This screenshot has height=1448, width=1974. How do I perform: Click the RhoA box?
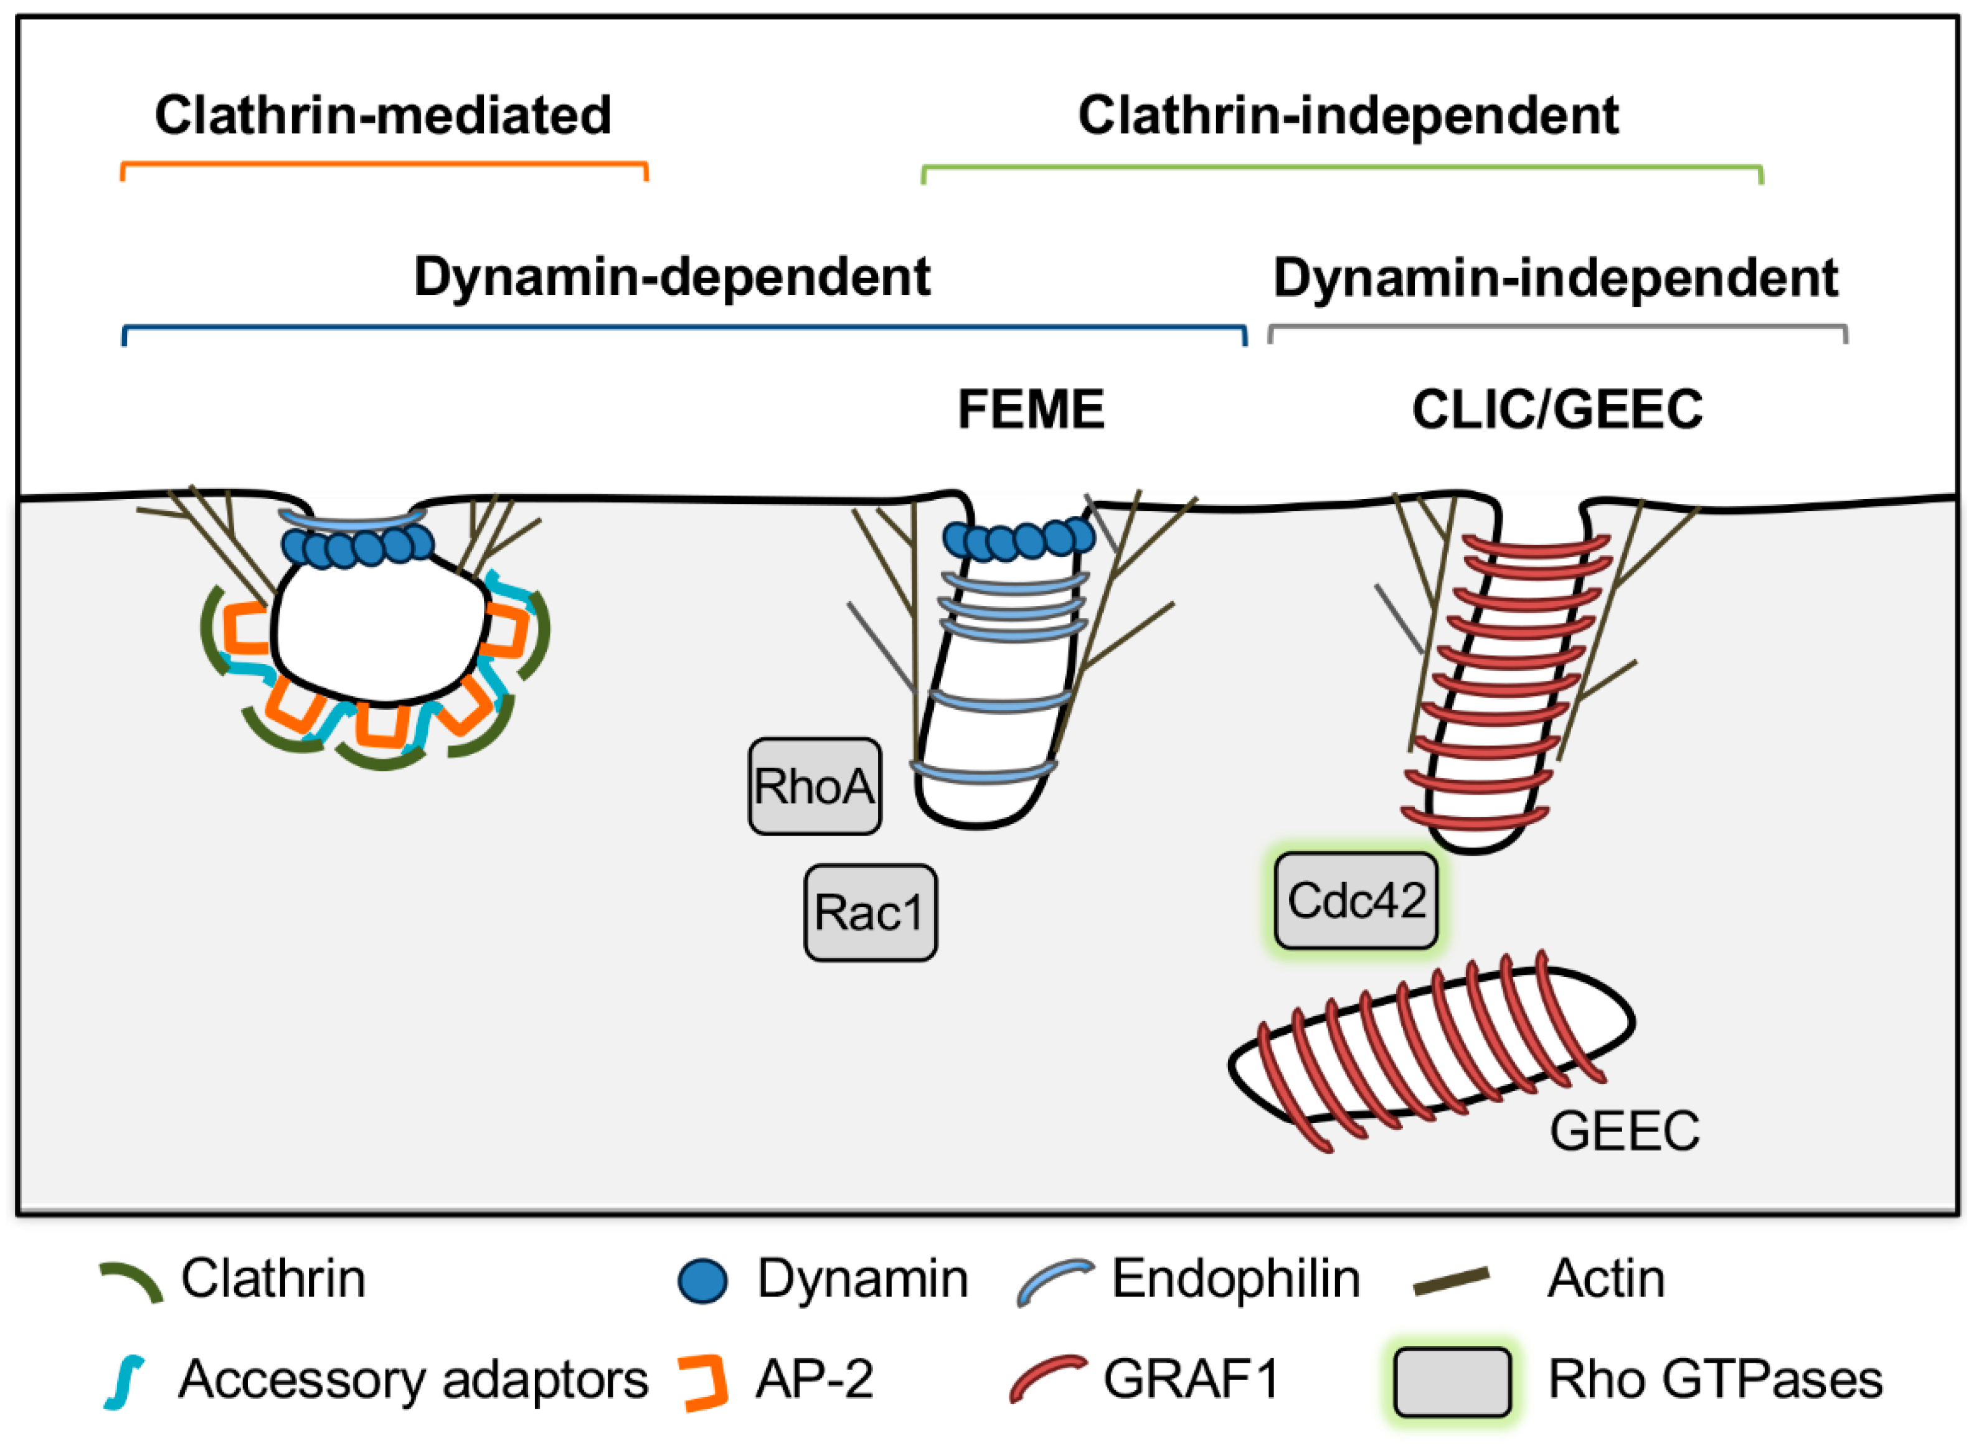pos(814,787)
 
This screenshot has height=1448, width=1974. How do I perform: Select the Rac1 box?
pos(870,912)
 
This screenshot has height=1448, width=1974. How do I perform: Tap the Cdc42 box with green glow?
pos(1355,900)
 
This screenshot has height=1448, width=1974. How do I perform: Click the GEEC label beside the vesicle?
pos(1624,1130)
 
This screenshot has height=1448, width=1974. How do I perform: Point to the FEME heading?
pos(1031,409)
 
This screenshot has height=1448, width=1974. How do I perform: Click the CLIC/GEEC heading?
pos(1557,409)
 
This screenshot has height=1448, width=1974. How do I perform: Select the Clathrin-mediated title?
pos(383,115)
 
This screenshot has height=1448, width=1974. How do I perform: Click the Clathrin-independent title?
pos(1348,115)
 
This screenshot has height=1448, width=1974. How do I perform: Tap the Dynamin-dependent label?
pos(672,277)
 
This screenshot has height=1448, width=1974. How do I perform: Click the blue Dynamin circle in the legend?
pos(702,1281)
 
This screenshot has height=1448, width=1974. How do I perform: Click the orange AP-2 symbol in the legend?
pos(706,1382)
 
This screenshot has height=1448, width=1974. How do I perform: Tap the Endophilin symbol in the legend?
pos(1054,1281)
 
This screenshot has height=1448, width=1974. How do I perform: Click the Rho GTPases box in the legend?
pos(1452,1382)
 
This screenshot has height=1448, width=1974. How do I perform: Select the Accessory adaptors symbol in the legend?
pos(125,1382)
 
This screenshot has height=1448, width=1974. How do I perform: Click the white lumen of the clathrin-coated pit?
pos(379,629)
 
